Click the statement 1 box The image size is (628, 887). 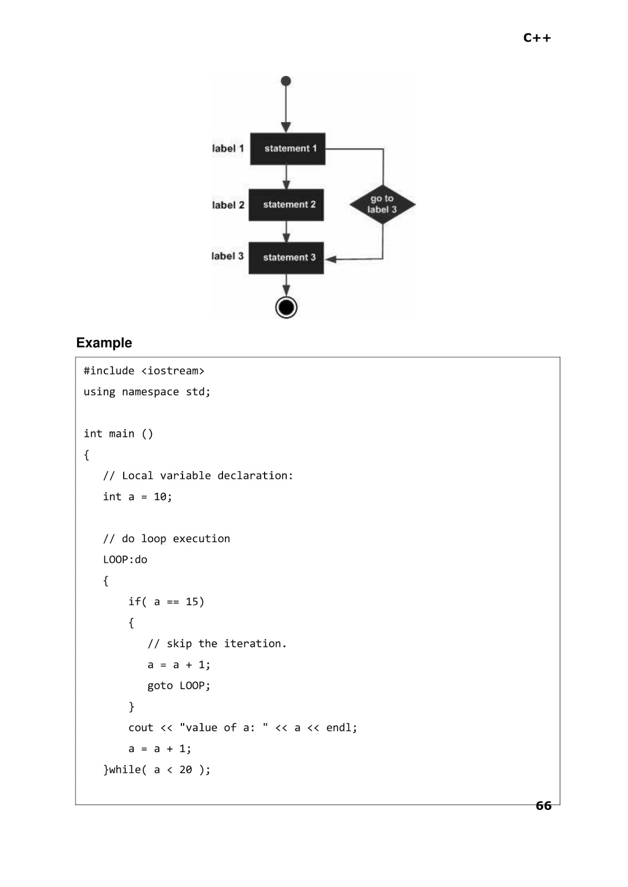click(x=287, y=149)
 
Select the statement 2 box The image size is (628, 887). click(x=286, y=205)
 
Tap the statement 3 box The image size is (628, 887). click(x=286, y=258)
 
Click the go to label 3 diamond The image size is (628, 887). click(x=382, y=205)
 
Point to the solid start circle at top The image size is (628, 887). click(x=286, y=81)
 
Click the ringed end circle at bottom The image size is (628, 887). click(x=286, y=307)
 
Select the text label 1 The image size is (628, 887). click(x=227, y=149)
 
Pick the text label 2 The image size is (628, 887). click(x=228, y=205)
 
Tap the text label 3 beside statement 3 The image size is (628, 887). click(x=227, y=256)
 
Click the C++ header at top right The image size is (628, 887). click(x=536, y=38)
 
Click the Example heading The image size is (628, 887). click(x=104, y=343)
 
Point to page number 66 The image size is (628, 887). click(x=543, y=806)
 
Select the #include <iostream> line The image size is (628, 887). click(x=144, y=371)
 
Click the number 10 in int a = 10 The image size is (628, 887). click(x=160, y=497)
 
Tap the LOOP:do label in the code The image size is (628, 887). click(x=125, y=560)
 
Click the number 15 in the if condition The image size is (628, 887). click(x=192, y=602)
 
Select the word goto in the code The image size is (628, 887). click(x=160, y=686)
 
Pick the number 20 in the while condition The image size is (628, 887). click(x=185, y=770)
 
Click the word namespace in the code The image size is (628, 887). click(x=150, y=392)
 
